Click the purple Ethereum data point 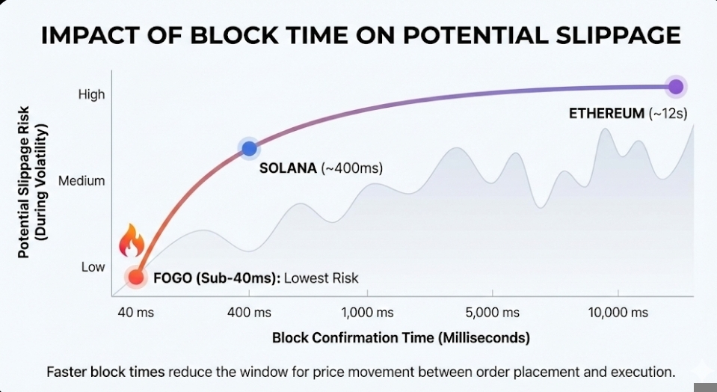tap(676, 87)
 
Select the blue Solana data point tap(248, 148)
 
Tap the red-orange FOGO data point tap(135, 278)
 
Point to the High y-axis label tap(92, 94)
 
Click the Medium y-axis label tap(81, 180)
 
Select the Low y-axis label tap(93, 267)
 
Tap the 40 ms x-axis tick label tap(135, 312)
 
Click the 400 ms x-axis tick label tap(248, 312)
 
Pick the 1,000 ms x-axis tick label tap(367, 312)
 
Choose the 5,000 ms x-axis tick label tap(493, 312)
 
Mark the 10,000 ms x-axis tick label tap(618, 312)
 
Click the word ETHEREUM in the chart tap(606, 114)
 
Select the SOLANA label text tap(288, 168)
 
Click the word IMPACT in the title tap(84, 35)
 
